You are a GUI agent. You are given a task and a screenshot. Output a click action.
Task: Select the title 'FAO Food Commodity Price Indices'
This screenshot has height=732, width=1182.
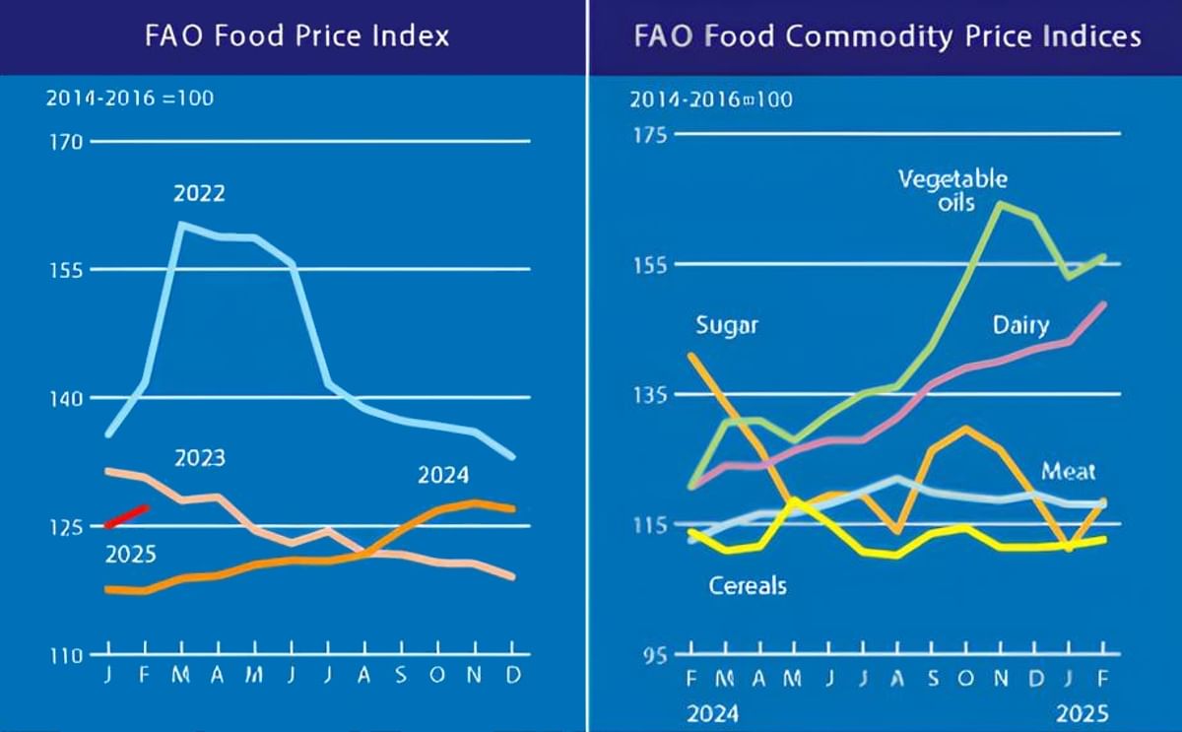(887, 36)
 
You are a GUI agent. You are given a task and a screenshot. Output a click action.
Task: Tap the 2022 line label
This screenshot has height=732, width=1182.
(199, 194)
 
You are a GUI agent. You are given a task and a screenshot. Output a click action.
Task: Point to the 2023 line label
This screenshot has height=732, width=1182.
(199, 458)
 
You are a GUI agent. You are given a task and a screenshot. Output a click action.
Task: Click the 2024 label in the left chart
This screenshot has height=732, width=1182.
(443, 476)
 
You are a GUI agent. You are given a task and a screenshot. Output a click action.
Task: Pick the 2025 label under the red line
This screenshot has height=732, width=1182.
(130, 555)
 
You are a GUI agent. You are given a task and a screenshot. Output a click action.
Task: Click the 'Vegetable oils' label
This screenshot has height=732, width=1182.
(952, 191)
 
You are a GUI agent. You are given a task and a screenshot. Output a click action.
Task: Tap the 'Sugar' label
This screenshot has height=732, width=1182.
(727, 325)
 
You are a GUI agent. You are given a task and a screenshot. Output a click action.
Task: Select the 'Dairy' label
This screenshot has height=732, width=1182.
(1019, 326)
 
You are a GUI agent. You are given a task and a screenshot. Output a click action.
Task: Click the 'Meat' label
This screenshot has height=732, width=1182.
(1069, 471)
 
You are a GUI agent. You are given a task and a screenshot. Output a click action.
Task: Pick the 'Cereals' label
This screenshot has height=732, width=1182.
(748, 586)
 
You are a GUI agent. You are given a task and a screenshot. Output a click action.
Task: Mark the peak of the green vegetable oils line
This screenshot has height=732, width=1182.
(1000, 204)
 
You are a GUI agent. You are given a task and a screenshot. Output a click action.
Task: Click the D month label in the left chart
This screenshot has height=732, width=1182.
(513, 679)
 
